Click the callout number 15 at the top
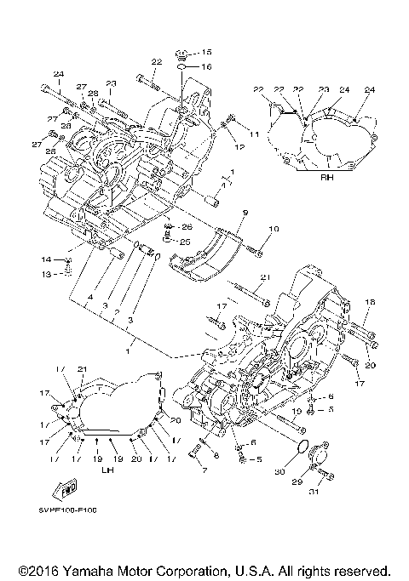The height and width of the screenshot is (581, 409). pyautogui.click(x=206, y=53)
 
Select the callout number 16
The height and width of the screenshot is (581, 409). pyautogui.click(x=206, y=66)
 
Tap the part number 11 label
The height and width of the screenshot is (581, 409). pyautogui.click(x=254, y=135)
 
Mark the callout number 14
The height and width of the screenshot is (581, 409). pyautogui.click(x=47, y=259)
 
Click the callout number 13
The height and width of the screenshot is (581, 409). pyautogui.click(x=47, y=273)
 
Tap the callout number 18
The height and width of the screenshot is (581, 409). pyautogui.click(x=370, y=302)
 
